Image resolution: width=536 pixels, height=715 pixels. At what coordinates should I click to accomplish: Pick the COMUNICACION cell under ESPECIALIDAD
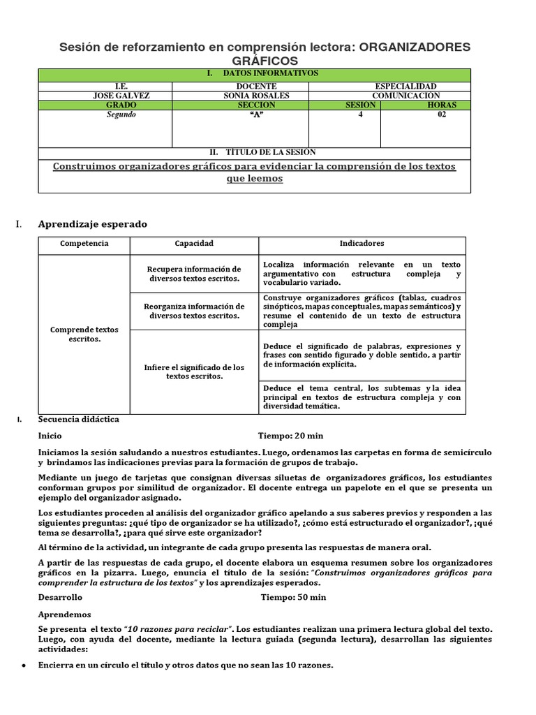click(405, 96)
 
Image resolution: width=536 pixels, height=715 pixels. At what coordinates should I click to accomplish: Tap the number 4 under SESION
click(361, 115)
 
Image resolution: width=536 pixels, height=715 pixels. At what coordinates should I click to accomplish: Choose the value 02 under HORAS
click(441, 115)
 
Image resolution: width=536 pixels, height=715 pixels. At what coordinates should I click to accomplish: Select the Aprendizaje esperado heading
click(92, 224)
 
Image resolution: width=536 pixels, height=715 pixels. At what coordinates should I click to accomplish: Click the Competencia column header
click(84, 244)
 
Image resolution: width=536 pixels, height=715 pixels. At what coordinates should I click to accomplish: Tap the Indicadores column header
click(362, 244)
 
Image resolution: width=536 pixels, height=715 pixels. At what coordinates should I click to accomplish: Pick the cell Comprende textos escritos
click(84, 334)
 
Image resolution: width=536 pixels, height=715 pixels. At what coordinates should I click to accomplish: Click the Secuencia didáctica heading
click(78, 420)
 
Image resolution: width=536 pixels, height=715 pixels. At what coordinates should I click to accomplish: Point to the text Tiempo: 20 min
click(290, 434)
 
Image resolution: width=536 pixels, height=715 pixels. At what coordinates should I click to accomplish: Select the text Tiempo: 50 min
click(293, 598)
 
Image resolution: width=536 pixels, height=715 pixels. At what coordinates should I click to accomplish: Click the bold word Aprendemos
click(64, 614)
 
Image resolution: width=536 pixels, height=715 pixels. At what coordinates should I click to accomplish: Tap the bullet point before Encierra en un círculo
click(24, 665)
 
